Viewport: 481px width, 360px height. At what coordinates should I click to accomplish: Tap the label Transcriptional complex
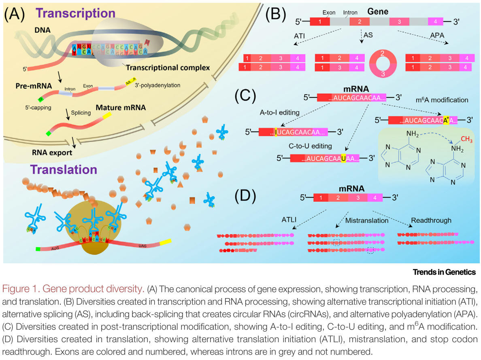[x=168, y=68]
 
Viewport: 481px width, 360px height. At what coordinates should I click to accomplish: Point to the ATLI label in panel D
[x=289, y=220]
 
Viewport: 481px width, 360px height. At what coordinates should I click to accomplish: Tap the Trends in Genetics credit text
[x=444, y=272]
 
